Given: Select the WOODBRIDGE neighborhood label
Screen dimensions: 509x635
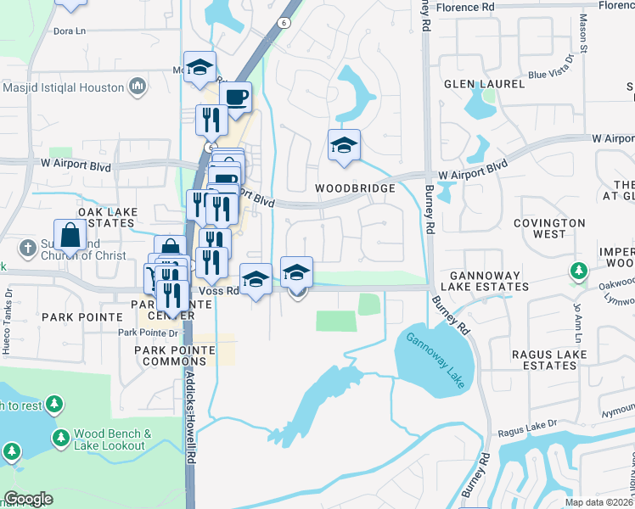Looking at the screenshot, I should point(355,188).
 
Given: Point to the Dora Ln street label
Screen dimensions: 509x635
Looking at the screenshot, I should point(70,31).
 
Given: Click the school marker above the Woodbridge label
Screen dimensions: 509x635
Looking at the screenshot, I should point(344,146).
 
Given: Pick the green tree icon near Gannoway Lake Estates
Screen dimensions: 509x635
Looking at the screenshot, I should point(578,271).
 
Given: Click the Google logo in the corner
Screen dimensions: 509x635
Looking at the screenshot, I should point(27,499).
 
